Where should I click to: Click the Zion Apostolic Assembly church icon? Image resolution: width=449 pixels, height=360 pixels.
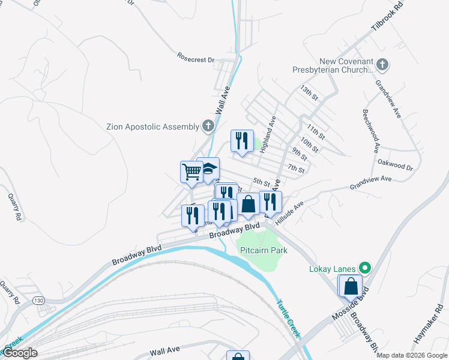pos(208,126)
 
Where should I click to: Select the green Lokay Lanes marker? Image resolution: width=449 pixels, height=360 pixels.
pos(364,268)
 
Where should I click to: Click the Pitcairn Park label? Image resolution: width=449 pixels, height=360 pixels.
pos(263,250)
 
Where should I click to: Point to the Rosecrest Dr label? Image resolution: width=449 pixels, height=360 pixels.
pos(196,58)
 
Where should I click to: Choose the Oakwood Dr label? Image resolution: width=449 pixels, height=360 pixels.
pos(395,165)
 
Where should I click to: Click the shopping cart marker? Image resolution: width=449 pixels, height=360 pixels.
pos(192,172)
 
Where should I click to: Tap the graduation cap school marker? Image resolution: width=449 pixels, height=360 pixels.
pos(208,168)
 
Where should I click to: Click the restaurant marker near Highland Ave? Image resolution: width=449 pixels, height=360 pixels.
pos(242,141)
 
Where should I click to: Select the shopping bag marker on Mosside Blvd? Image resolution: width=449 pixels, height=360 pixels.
pos(351,286)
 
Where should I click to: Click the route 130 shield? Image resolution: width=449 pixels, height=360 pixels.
pos(40,299)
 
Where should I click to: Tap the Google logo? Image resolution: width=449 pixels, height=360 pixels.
pos(20,353)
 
